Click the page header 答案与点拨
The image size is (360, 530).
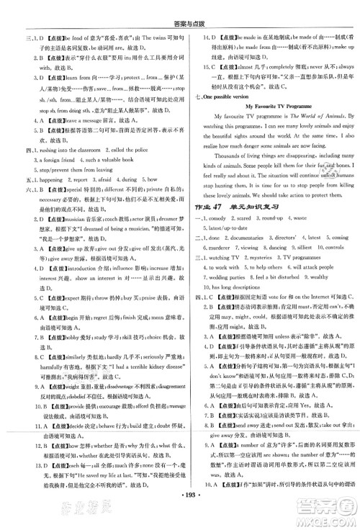(180, 8)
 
